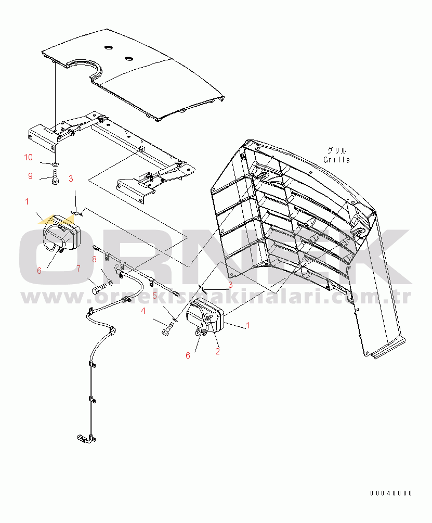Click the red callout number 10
[28, 157]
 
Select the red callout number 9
[30, 176]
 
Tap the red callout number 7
[78, 269]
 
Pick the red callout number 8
[94, 259]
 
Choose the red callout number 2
[217, 351]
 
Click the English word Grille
[337, 160]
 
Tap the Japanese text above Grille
[337, 150]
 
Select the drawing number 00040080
[391, 493]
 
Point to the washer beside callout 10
[55, 164]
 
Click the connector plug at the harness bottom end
[82, 438]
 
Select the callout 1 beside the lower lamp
[247, 325]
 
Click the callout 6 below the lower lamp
[188, 355]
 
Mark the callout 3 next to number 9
[71, 178]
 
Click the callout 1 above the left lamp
[27, 201]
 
